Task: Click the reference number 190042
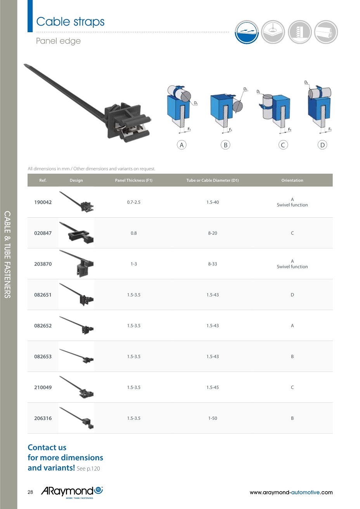(43, 202)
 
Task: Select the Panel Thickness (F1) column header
(133, 180)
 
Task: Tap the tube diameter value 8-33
(213, 264)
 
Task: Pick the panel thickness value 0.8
(133, 233)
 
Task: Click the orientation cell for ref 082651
(292, 295)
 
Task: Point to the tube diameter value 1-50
(213, 418)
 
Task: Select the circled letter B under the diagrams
(225, 145)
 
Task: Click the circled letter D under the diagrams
(322, 145)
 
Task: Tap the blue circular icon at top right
(247, 32)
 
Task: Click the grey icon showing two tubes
(326, 32)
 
